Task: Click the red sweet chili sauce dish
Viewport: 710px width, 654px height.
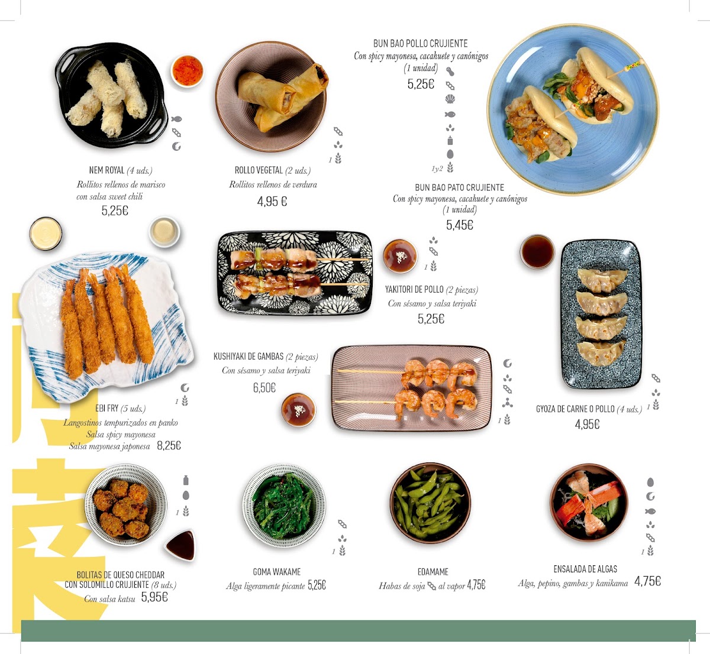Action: [x=187, y=71]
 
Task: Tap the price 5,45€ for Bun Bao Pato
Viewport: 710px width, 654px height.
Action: [x=459, y=225]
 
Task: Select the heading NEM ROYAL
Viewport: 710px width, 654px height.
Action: [x=106, y=170]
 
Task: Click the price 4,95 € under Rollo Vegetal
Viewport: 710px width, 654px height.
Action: [x=272, y=202]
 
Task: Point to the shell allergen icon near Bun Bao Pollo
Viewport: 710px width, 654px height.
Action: [x=450, y=99]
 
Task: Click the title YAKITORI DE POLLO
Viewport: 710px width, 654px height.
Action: [x=414, y=290]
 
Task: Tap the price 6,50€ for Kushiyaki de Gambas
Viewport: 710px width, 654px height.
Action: [x=264, y=388]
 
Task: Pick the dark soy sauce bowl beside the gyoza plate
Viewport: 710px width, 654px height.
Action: [x=537, y=251]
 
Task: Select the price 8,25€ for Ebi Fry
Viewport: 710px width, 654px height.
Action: [x=169, y=445]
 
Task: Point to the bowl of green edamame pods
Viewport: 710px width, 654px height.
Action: [x=430, y=503]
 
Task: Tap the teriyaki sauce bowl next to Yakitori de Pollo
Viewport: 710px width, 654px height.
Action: [x=401, y=256]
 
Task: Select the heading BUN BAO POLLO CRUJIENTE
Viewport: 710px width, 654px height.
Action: [x=421, y=44]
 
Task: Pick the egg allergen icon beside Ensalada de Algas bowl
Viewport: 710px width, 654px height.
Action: [x=650, y=483]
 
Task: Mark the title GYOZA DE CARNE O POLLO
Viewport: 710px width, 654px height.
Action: [x=575, y=409]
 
